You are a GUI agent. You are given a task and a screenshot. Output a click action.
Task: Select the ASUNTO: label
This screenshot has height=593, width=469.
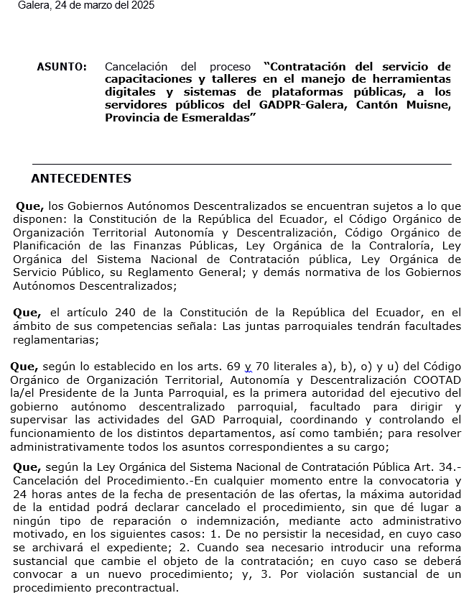click(x=62, y=67)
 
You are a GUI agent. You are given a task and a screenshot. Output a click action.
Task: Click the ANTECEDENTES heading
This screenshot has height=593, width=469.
click(x=81, y=179)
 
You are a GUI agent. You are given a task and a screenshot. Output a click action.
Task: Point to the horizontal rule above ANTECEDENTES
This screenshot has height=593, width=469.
click(x=241, y=165)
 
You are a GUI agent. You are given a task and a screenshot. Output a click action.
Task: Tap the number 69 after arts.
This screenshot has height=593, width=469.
click(x=233, y=366)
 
